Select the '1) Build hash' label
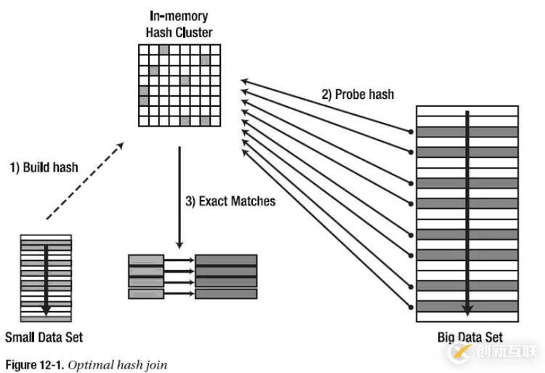pyautogui.click(x=44, y=167)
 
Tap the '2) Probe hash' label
pyautogui.click(x=358, y=95)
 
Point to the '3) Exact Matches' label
pyautogui.click(x=230, y=201)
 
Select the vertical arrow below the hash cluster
pyautogui.click(x=178, y=196)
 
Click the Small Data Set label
pyautogui.click(x=44, y=337)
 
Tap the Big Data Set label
pyautogui.click(x=470, y=338)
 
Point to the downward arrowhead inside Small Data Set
pyautogui.click(x=47, y=308)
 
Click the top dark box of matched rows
pyautogui.click(x=226, y=260)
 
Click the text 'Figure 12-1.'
pyautogui.click(x=32, y=364)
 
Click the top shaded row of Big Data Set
pyautogui.click(x=467, y=132)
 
